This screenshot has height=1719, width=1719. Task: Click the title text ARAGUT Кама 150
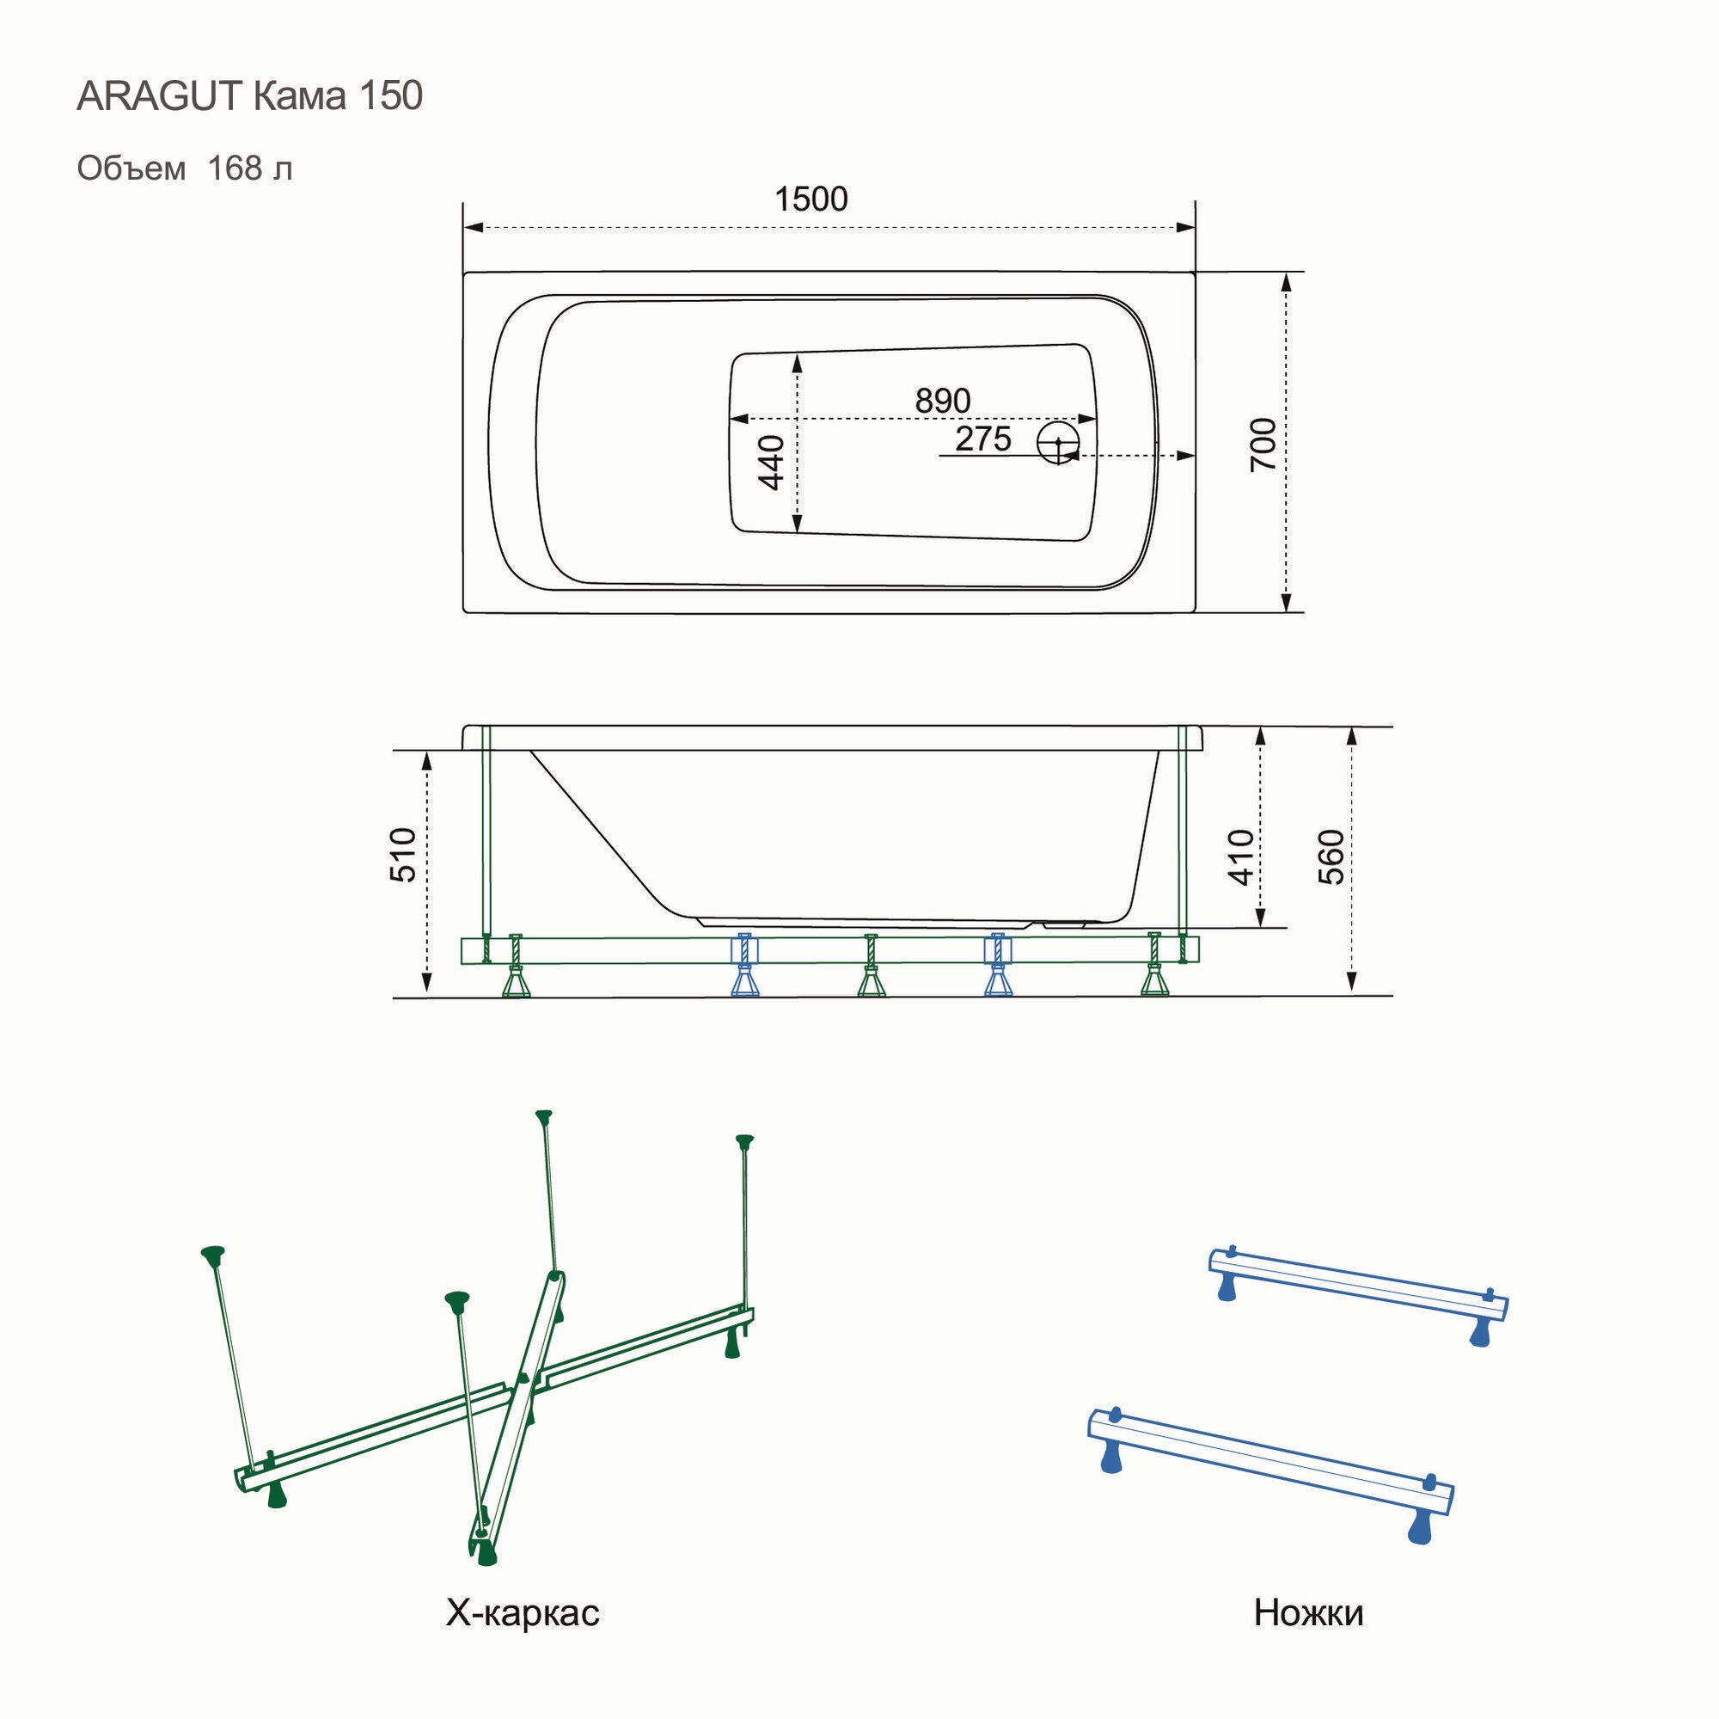click(249, 96)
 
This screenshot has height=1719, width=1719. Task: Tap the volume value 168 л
click(249, 169)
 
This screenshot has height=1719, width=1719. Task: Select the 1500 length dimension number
click(811, 200)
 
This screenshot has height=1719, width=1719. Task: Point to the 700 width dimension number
click(1263, 445)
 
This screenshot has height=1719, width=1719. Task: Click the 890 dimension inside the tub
click(942, 402)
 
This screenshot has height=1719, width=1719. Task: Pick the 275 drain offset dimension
click(983, 439)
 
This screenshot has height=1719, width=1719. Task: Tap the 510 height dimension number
click(403, 855)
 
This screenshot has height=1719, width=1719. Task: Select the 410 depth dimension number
click(1241, 856)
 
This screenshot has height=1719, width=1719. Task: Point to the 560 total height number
click(1331, 856)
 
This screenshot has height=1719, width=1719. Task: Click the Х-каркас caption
click(523, 1612)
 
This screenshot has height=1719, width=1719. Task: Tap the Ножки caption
click(1308, 1612)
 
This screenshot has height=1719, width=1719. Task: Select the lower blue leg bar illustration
click(1269, 1459)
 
